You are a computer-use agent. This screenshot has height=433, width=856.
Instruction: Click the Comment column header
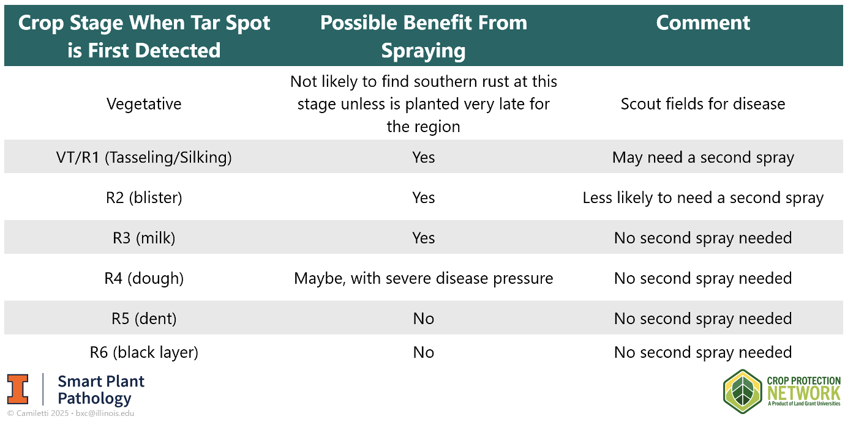(703, 23)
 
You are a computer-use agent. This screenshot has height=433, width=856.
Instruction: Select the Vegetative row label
(144, 104)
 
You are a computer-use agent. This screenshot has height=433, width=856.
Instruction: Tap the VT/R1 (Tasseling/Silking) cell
(144, 157)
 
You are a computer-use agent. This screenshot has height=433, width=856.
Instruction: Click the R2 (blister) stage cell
(144, 198)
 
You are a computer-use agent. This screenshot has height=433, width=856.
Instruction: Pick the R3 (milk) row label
(144, 238)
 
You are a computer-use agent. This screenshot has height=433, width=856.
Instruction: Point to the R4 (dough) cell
(144, 278)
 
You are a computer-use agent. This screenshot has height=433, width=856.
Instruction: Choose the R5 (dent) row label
(144, 319)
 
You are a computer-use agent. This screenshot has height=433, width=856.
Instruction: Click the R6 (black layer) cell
(144, 352)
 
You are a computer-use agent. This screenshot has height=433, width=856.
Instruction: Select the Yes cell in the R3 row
(424, 238)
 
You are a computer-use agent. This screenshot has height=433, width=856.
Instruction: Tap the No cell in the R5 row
(424, 319)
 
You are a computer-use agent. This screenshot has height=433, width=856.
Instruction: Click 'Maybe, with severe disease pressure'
(424, 278)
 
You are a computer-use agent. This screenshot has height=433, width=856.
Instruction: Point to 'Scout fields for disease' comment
(703, 104)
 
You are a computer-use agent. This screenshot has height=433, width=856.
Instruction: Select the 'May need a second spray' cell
(703, 157)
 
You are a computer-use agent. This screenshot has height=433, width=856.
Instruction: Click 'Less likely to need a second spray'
(703, 198)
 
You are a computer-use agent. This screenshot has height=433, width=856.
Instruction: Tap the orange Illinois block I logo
(18, 389)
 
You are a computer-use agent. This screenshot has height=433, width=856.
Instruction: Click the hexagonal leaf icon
(743, 391)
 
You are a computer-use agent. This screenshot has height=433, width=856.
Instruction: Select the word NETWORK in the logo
(803, 393)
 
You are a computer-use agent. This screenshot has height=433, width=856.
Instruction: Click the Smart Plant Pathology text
(101, 390)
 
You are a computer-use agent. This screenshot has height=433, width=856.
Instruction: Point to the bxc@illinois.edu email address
(105, 413)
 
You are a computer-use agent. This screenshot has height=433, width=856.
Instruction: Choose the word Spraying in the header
(424, 51)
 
